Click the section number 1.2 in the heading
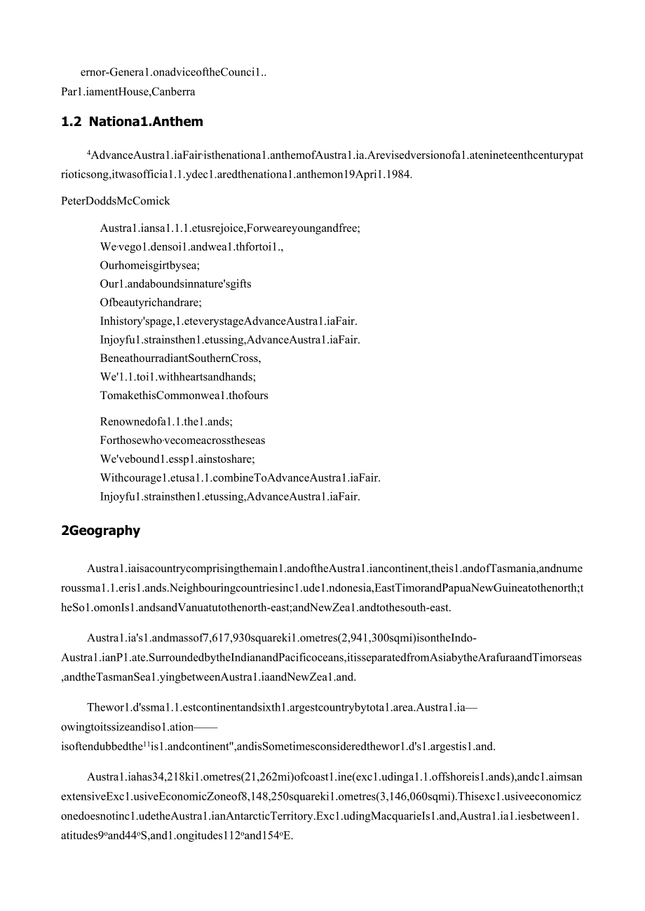tap(72, 122)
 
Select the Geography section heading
tap(101, 531)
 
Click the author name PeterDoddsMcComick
tap(116, 201)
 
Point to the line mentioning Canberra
tap(128, 91)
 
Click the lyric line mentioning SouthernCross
tap(180, 358)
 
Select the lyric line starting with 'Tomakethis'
tap(184, 395)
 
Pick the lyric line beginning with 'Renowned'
tap(166, 422)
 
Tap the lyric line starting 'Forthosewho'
tap(182, 440)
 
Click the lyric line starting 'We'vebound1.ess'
tap(177, 459)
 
